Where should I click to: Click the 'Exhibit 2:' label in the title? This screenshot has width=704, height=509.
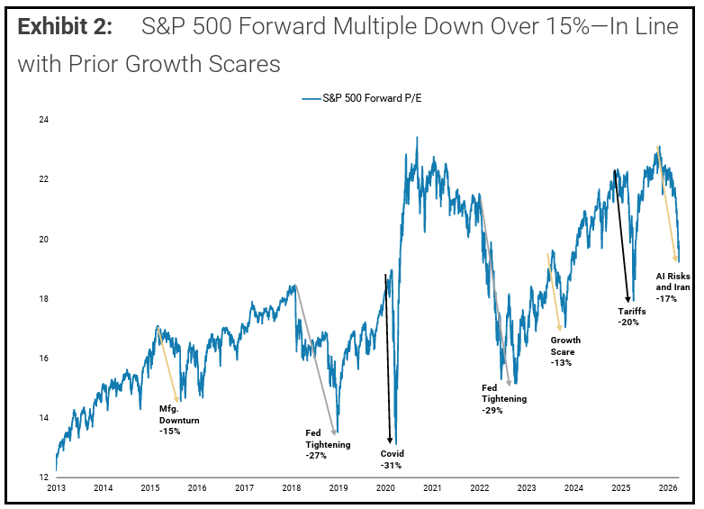[65, 27]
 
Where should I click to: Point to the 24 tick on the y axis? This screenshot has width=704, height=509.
[43, 119]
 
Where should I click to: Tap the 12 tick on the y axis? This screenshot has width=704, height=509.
[43, 477]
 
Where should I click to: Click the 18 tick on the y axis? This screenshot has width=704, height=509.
[43, 298]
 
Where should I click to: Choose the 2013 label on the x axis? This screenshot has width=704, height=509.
[56, 488]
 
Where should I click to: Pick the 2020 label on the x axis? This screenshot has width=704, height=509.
[385, 488]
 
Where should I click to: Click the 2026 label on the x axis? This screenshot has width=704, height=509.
[667, 488]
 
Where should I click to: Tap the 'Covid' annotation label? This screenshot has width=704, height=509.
[392, 453]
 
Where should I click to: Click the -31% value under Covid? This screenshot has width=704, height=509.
[392, 465]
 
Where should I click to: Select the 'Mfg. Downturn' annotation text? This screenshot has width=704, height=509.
[179, 414]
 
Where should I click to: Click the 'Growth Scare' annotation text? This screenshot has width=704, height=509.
[565, 346]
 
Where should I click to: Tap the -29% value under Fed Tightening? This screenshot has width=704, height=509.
[492, 410]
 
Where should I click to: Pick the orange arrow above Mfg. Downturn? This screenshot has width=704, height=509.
[167, 365]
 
